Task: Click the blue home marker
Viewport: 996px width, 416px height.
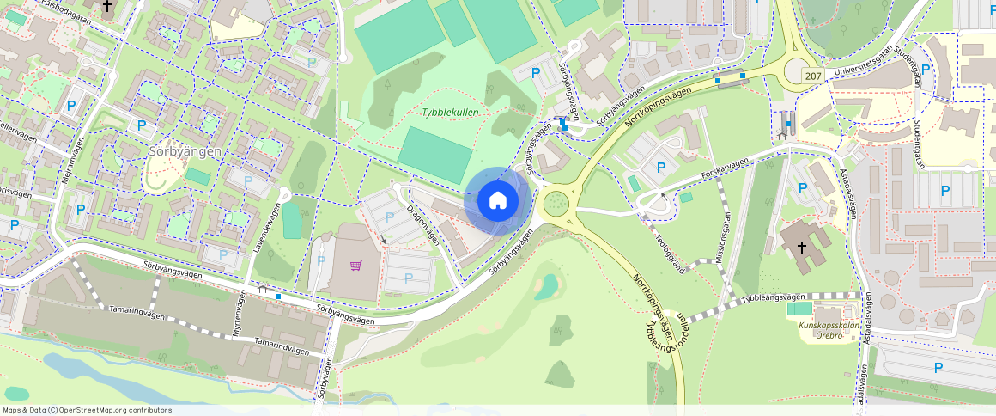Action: click(497, 201)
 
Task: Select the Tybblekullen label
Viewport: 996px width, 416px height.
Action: click(450, 113)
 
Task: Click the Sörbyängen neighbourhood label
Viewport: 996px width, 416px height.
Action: click(185, 150)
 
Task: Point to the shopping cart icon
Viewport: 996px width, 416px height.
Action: click(355, 265)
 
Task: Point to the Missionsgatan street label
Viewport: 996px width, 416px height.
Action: click(725, 237)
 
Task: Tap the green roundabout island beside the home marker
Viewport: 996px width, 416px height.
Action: click(556, 205)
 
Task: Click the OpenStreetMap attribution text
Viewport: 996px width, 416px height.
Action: click(86, 410)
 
